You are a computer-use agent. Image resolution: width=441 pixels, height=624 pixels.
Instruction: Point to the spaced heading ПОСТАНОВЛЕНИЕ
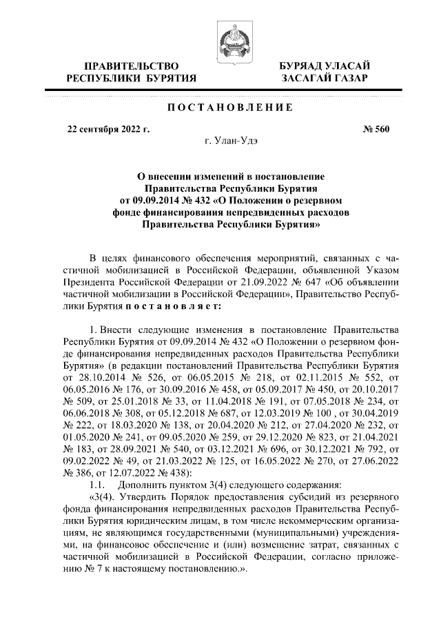(227, 108)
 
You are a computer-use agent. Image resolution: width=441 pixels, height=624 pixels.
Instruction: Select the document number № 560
(376, 129)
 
